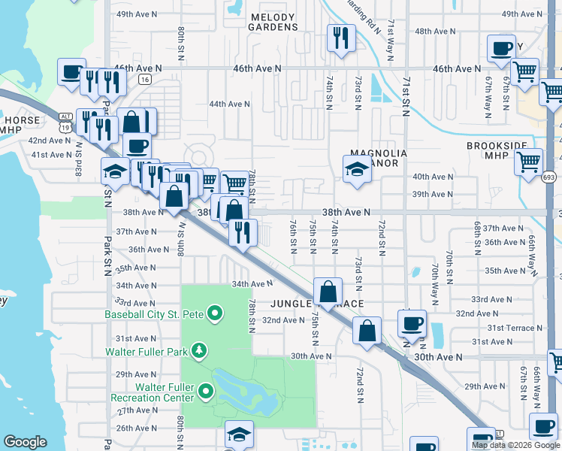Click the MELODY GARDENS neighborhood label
(x=273, y=21)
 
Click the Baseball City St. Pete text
(x=156, y=313)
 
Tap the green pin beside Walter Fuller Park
(x=198, y=350)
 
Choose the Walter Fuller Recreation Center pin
(x=207, y=389)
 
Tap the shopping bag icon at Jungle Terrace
(x=328, y=292)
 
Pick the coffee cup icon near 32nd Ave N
(x=411, y=323)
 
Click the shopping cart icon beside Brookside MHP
(x=529, y=161)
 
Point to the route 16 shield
(x=145, y=79)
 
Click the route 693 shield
(x=551, y=177)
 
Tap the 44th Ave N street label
(x=229, y=104)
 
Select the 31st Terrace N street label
(x=515, y=328)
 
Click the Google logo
(x=26, y=442)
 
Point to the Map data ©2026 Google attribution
(x=515, y=445)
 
